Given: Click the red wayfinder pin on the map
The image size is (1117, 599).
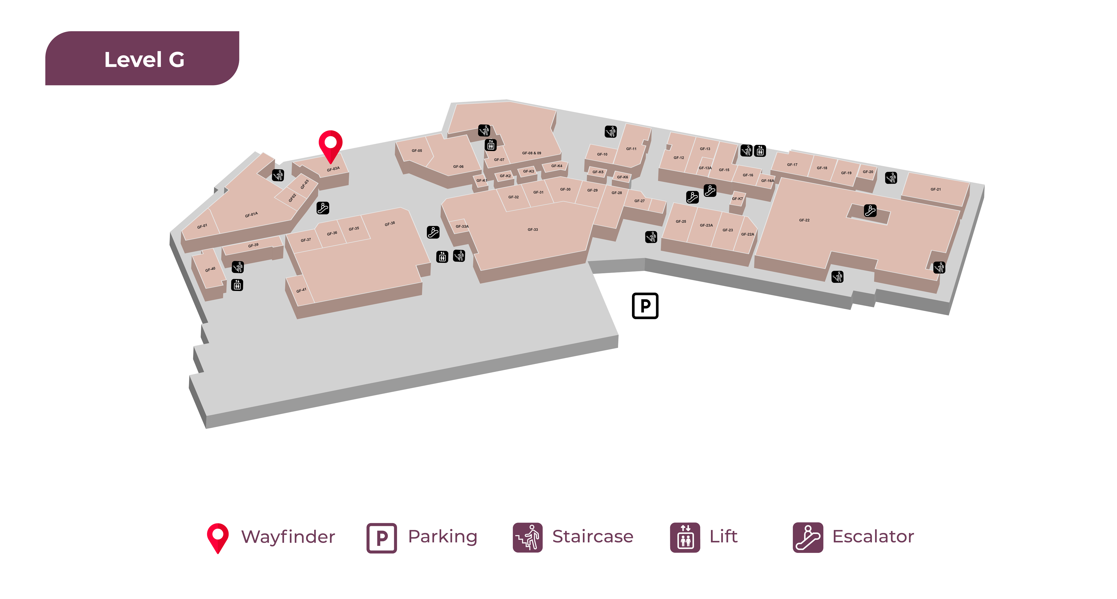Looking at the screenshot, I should (331, 145).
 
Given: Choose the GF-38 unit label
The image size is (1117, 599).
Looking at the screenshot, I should (389, 224).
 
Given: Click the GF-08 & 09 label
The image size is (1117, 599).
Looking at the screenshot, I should (531, 153).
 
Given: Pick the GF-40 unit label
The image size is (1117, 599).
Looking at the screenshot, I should (210, 269).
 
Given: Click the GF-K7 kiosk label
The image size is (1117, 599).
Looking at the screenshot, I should (737, 199).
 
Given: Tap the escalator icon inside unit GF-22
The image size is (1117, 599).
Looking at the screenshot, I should (870, 211).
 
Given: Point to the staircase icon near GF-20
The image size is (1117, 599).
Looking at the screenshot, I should (891, 178).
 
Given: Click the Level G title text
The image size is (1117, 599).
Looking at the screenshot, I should (144, 60).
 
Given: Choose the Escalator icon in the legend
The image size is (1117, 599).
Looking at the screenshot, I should (807, 537).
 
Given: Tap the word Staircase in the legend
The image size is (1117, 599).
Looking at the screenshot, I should (592, 537).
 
